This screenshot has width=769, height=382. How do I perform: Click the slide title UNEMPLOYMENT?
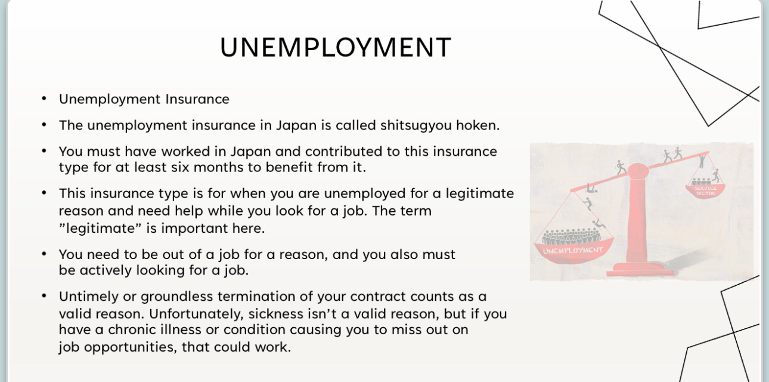coord(336,48)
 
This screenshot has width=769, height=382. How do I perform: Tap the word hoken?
coord(477,125)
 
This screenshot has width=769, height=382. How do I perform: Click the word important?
coord(199,229)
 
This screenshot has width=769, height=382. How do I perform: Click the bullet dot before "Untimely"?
coord(44,295)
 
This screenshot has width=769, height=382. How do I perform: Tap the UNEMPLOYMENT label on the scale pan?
coord(573,249)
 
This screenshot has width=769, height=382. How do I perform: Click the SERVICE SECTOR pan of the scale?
coord(705,190)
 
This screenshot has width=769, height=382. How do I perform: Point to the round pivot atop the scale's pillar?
coord(638,171)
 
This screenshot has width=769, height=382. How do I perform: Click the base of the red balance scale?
coord(640,270)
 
